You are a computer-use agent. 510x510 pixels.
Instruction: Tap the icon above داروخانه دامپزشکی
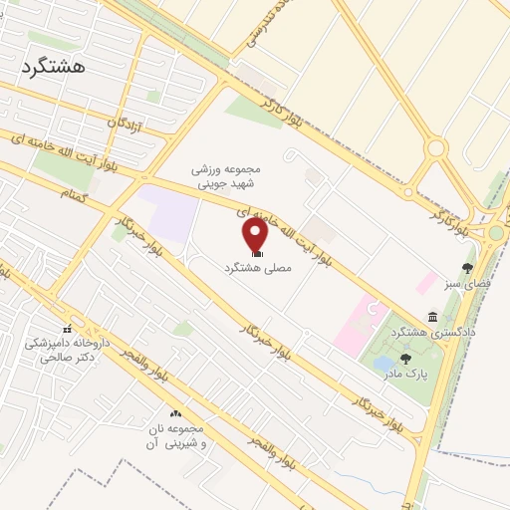coord(68,329)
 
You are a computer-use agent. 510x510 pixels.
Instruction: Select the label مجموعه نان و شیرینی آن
coord(175,439)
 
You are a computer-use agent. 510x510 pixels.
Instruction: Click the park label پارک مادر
coord(403,376)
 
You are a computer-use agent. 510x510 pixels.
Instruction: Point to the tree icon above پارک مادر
coord(404,359)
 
